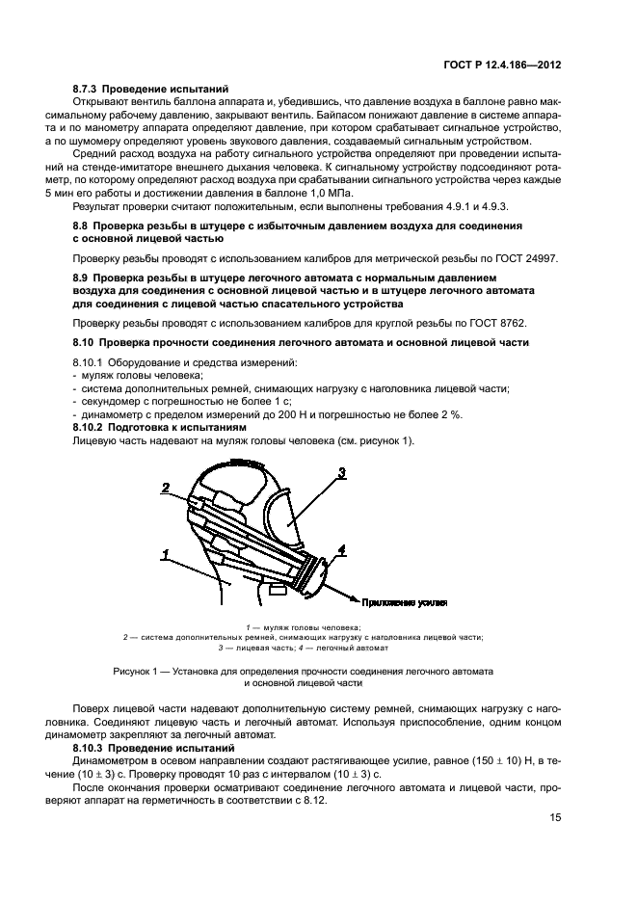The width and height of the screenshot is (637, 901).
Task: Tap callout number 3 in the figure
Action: coord(341,472)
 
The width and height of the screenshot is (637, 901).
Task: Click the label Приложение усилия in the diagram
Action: coord(405,602)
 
